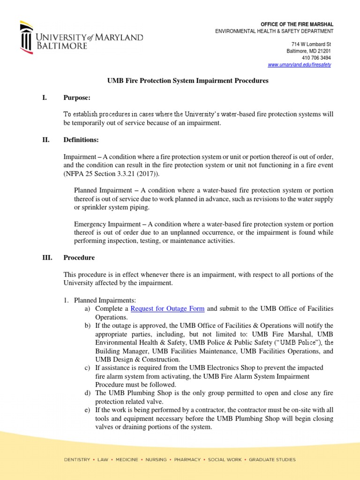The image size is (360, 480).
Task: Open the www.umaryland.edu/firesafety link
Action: pyautogui.click(x=299, y=65)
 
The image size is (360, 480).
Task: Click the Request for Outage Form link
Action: pyautogui.click(x=167, y=308)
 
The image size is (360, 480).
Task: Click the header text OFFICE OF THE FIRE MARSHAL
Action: pyautogui.click(x=297, y=24)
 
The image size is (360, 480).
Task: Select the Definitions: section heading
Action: pyautogui.click(x=81, y=140)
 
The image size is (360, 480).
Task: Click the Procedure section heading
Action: pyautogui.click(x=79, y=258)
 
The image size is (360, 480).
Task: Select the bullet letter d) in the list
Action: pyautogui.click(x=87, y=393)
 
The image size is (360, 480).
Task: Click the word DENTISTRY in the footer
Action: pyautogui.click(x=77, y=460)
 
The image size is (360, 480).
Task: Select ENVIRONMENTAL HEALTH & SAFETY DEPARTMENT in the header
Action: pyautogui.click(x=274, y=31)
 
